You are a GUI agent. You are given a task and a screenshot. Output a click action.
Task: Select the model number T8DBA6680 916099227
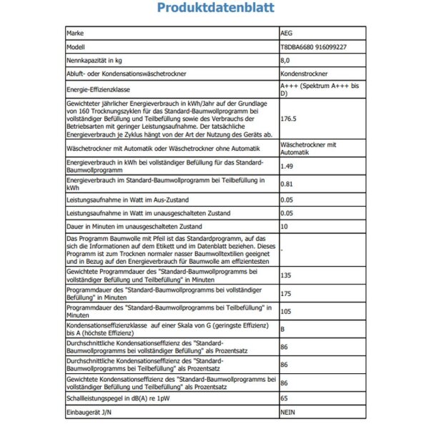tap(314, 48)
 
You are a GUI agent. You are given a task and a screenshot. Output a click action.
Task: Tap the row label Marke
tap(75, 33)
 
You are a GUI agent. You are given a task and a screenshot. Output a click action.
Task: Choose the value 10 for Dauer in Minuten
tap(285, 226)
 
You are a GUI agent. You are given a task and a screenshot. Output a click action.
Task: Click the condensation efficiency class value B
tap(284, 327)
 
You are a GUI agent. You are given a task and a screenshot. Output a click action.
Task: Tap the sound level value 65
tap(285, 398)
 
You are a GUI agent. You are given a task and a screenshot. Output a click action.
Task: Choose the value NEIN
tap(289, 413)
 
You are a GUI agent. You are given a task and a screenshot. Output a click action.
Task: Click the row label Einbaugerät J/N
tap(89, 413)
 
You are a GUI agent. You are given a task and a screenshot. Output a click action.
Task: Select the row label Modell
tap(76, 48)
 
